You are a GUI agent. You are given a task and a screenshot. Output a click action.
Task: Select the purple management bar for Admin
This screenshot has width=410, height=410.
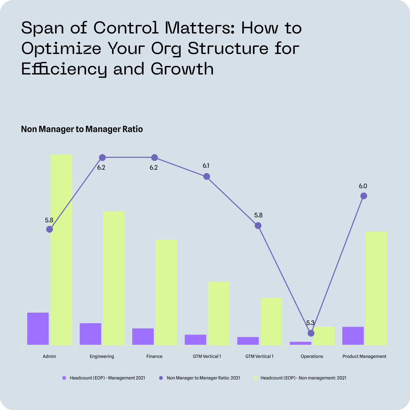point(38,329)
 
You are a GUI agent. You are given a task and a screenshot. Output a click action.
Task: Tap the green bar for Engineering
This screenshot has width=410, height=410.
point(114,278)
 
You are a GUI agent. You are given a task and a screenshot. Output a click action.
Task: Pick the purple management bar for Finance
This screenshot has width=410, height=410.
point(143,337)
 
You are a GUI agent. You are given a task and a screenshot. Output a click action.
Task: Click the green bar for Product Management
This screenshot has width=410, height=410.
point(376,288)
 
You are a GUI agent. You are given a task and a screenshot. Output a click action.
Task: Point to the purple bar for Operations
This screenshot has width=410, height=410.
point(300,343)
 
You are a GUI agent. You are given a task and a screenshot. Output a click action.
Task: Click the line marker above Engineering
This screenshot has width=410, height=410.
point(102,158)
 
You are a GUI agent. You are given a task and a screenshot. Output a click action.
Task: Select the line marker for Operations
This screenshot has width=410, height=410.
point(311,333)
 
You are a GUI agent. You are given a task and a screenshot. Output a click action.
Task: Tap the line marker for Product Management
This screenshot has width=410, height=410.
point(364,196)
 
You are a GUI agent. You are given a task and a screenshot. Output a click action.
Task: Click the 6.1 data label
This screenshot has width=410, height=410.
point(206,166)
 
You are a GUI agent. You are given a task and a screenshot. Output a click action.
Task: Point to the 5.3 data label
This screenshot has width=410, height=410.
point(310,323)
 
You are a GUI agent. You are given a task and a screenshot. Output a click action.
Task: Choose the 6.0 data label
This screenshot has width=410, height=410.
point(363,186)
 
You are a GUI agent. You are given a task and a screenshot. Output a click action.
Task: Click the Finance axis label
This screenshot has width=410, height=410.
point(154,356)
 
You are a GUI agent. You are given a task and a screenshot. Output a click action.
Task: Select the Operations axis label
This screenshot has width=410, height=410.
point(312,356)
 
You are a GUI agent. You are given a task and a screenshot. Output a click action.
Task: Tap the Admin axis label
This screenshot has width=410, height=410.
point(49,356)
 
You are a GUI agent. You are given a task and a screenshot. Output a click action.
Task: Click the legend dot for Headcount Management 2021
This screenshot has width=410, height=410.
point(64,378)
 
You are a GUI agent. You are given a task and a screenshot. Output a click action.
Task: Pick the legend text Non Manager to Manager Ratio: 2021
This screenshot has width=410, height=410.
point(203,378)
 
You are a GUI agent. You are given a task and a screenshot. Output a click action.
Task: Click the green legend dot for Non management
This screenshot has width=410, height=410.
point(255,378)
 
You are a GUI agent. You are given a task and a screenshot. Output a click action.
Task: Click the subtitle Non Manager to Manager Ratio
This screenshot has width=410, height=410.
point(82,129)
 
